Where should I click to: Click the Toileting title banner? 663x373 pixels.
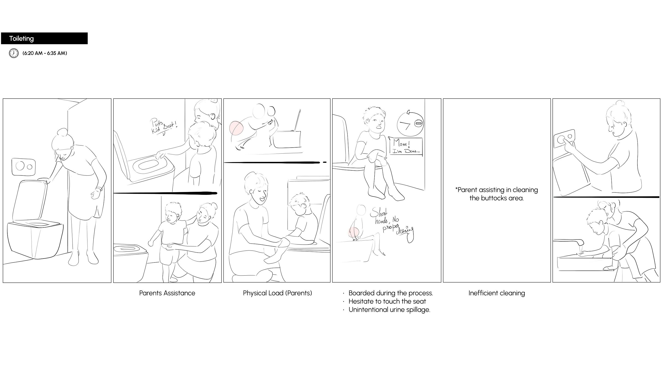click(x=44, y=38)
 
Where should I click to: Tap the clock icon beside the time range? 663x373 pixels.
click(x=14, y=53)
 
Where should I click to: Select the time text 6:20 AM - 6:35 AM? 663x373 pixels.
click(x=45, y=53)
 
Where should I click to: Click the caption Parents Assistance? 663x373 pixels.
click(x=167, y=293)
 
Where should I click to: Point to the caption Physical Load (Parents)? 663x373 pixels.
click(x=277, y=293)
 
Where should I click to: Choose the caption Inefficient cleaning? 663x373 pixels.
click(x=497, y=293)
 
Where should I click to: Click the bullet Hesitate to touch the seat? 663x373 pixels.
click(x=387, y=301)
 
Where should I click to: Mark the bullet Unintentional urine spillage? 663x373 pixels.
click(x=389, y=309)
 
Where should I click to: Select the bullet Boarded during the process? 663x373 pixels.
click(x=391, y=293)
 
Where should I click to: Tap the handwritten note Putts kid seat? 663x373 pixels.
click(x=163, y=126)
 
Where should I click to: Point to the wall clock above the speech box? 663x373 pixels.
click(x=410, y=124)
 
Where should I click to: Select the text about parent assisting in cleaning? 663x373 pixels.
click(x=497, y=194)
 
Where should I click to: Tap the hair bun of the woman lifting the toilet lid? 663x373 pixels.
click(x=62, y=132)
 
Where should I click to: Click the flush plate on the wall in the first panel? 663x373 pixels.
click(x=23, y=167)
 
